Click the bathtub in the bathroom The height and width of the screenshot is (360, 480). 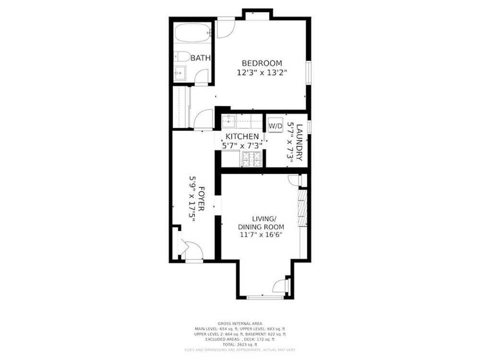click(192, 34)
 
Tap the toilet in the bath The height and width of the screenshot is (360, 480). click(182, 56)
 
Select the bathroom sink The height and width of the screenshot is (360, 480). click(180, 73)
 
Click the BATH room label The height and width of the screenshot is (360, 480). click(200, 58)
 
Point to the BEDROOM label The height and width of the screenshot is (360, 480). click(262, 63)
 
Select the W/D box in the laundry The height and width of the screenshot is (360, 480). click(275, 126)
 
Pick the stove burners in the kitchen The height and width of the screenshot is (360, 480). click(251, 159)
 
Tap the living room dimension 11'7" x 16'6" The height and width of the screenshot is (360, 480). click(261, 235)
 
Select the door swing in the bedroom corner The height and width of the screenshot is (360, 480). click(225, 27)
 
